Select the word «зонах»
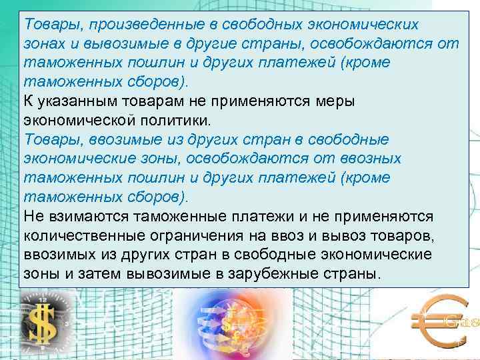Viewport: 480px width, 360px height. coord(45,44)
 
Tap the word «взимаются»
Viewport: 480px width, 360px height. coord(85,217)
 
